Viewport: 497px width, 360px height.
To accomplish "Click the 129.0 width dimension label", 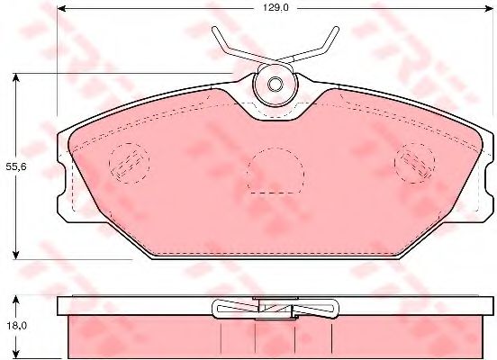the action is click(x=276, y=8).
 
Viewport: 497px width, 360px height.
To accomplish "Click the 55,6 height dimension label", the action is click(x=16, y=167).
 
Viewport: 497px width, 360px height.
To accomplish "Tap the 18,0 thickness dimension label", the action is click(x=16, y=326).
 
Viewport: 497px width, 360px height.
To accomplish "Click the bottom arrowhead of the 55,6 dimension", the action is click(x=15, y=254).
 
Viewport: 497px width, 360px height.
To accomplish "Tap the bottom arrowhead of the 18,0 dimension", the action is click(x=15, y=353).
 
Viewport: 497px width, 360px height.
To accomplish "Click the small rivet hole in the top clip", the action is click(x=275, y=85).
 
